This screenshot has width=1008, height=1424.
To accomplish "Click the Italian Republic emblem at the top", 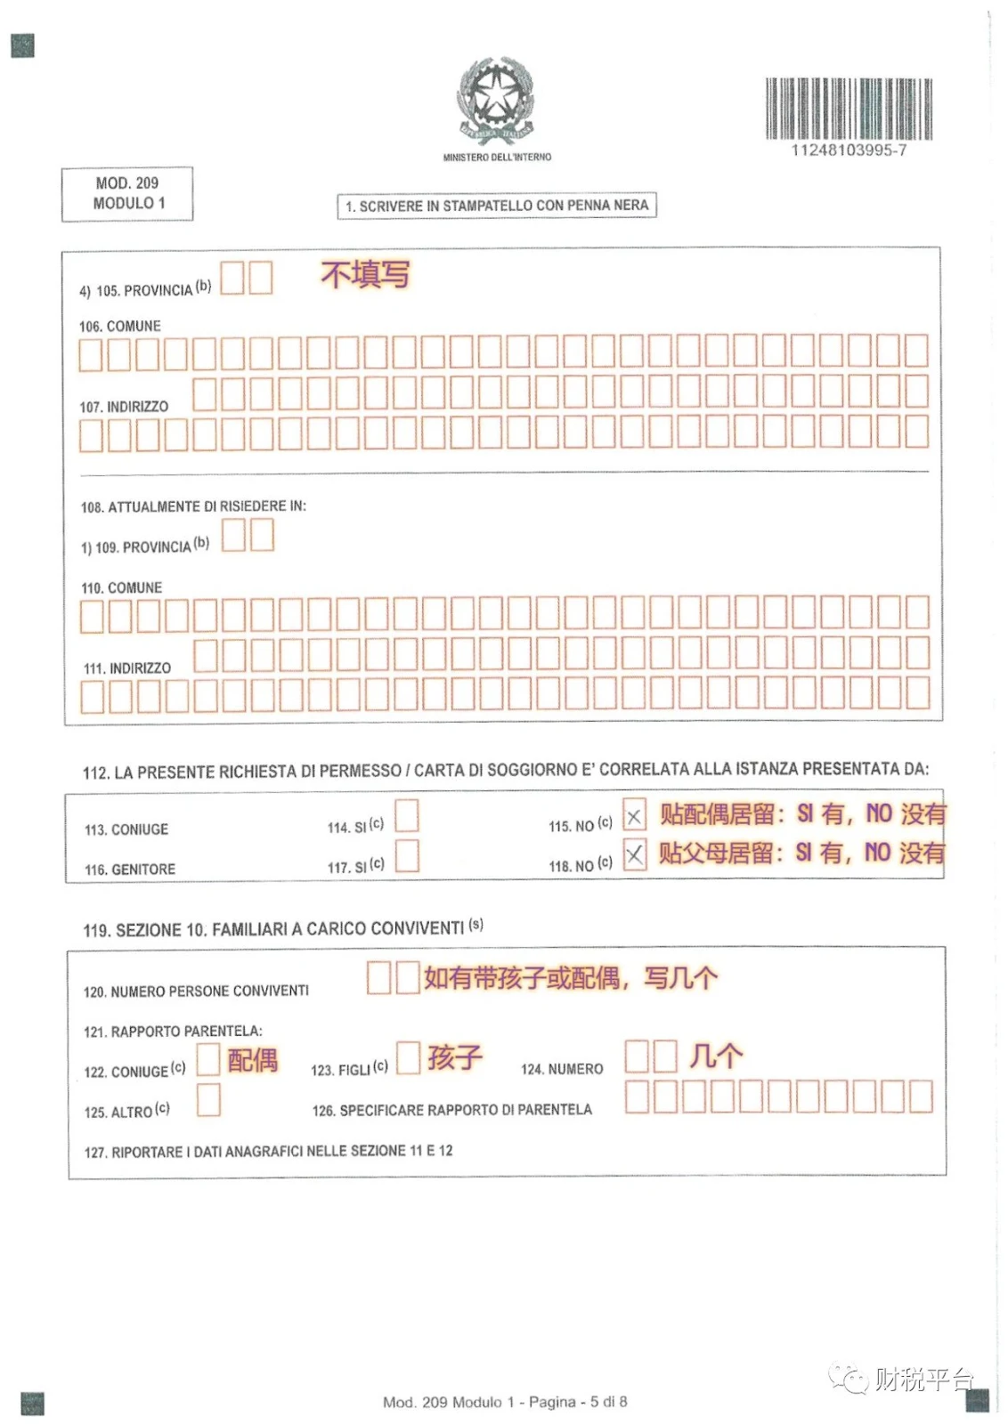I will pyautogui.click(x=496, y=102).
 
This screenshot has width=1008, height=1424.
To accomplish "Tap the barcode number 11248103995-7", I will pyautogui.click(x=849, y=150).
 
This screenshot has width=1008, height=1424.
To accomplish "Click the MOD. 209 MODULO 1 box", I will pyautogui.click(x=127, y=193).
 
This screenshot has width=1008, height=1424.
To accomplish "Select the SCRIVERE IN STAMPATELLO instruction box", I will pyautogui.click(x=497, y=206).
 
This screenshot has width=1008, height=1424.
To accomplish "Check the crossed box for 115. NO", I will pyautogui.click(x=634, y=816).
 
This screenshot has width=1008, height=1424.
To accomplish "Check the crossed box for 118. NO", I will pyautogui.click(x=634, y=855).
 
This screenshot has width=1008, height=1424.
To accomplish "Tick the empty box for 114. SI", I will pyautogui.click(x=407, y=816).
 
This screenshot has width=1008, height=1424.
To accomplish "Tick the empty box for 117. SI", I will pyautogui.click(x=407, y=855).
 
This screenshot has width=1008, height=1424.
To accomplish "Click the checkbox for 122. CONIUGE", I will pyautogui.click(x=208, y=1059).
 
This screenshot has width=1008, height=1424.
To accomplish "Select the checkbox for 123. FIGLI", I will pyautogui.click(x=408, y=1058).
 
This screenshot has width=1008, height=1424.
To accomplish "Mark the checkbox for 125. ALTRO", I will pyautogui.click(x=208, y=1100).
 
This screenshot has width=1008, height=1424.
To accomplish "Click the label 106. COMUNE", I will pyautogui.click(x=120, y=327).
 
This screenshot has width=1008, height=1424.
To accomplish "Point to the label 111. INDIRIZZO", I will pyautogui.click(x=127, y=668).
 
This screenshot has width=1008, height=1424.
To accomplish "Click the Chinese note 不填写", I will pyautogui.click(x=365, y=274).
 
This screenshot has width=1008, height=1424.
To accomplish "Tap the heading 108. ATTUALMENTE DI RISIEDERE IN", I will pyautogui.click(x=193, y=506).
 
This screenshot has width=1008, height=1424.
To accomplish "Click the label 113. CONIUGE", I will pyautogui.click(x=126, y=829).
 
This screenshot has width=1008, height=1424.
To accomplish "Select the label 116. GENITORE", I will pyautogui.click(x=130, y=870).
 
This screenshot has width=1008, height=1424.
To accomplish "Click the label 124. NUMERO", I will pyautogui.click(x=562, y=1069).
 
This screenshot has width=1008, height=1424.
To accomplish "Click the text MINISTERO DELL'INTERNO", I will pyautogui.click(x=497, y=158).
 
